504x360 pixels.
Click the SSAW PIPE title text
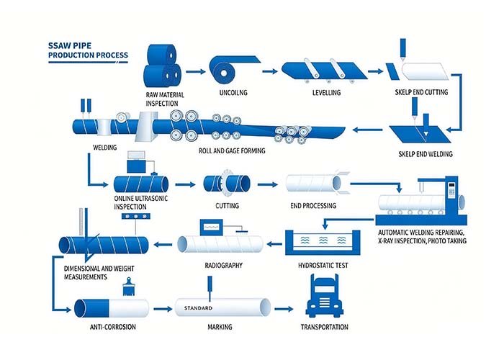(70, 45)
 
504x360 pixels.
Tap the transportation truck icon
(324, 297)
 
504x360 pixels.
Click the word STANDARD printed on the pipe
(198, 308)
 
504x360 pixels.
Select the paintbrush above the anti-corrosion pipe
(129, 287)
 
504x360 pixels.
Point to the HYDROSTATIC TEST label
(323, 266)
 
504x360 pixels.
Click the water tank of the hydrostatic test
(323, 243)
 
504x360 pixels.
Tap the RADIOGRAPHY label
(224, 266)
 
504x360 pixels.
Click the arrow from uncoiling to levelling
(270, 71)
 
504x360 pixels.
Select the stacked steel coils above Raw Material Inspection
(162, 66)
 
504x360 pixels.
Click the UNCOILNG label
(233, 93)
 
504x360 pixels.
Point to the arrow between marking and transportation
(284, 309)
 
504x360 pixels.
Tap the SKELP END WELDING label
(426, 154)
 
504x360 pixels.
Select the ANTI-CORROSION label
(113, 327)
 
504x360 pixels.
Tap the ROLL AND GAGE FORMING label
(232, 150)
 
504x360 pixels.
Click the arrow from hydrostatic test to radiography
(274, 244)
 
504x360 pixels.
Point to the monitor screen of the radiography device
(211, 228)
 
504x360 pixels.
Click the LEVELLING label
(327, 93)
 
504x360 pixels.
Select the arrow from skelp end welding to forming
(367, 130)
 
